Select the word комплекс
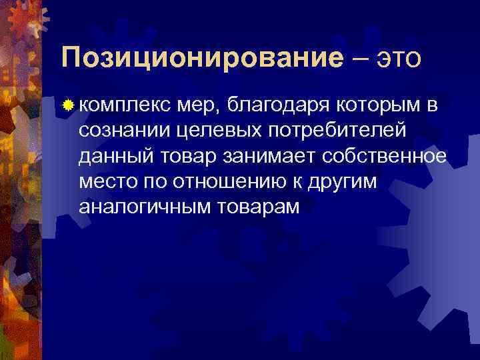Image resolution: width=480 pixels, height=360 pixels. point(125,105)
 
